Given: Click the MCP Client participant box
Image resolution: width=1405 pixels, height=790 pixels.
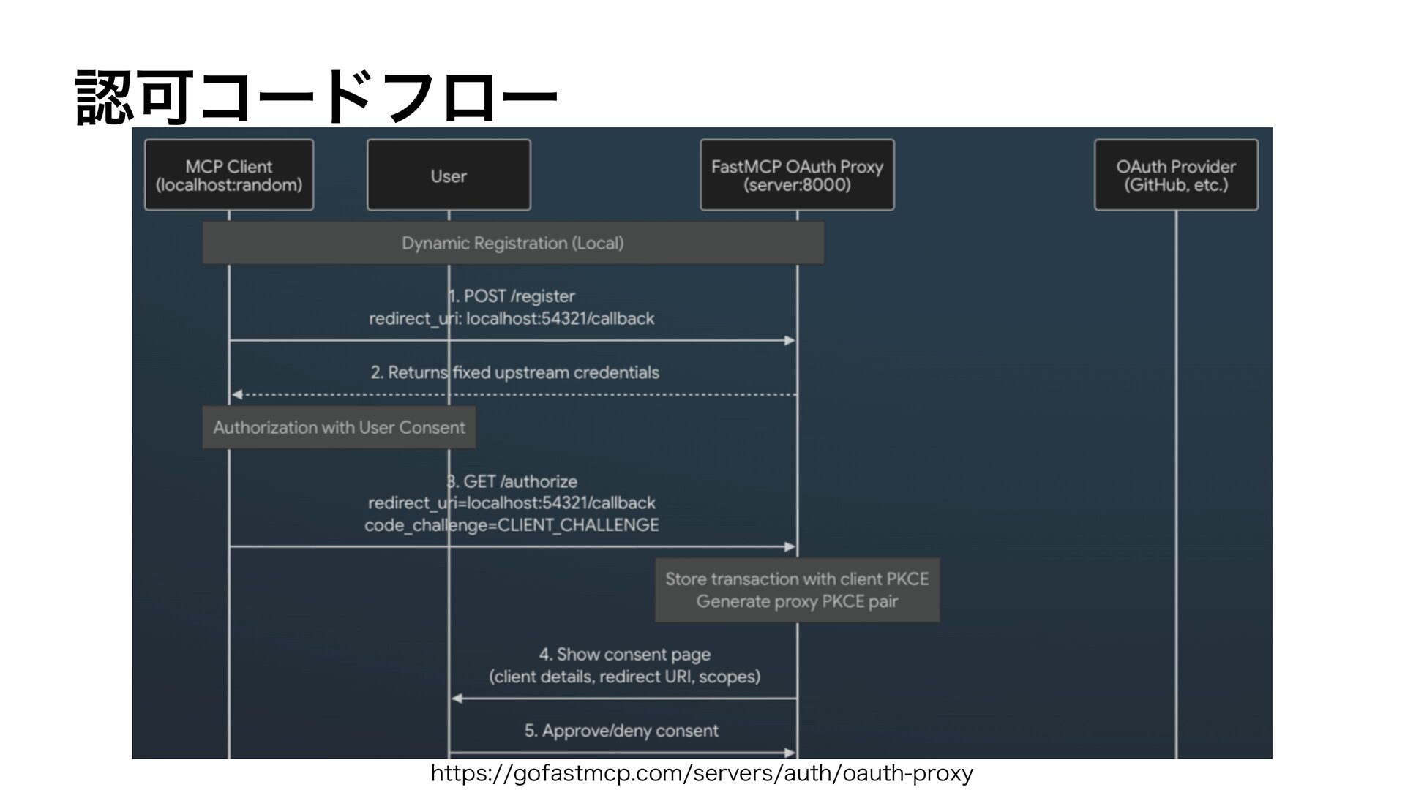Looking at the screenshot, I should [x=229, y=176].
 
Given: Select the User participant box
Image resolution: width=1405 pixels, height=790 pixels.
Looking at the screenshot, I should [x=449, y=176].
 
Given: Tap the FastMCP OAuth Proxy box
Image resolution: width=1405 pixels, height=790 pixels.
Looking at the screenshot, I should [x=797, y=176].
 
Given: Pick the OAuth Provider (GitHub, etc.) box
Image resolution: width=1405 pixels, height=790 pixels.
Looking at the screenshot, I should [x=1176, y=176].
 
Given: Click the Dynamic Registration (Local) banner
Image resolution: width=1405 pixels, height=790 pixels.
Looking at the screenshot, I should [x=513, y=243].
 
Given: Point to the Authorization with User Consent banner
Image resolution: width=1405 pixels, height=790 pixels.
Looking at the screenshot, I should [x=339, y=427].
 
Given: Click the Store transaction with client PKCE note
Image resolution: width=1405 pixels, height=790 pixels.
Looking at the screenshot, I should [x=797, y=590].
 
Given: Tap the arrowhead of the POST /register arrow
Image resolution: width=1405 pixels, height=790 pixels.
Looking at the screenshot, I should [x=790, y=341].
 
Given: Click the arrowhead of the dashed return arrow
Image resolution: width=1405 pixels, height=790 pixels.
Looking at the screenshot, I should [x=236, y=395].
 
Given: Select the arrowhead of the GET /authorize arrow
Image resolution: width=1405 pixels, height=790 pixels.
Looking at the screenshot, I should [x=790, y=547].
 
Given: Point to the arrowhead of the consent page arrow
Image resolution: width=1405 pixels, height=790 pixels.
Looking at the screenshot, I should [x=457, y=699].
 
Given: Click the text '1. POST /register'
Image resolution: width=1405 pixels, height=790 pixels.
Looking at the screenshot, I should [x=512, y=296].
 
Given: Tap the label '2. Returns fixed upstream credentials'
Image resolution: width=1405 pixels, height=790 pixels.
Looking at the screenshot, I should [x=514, y=373].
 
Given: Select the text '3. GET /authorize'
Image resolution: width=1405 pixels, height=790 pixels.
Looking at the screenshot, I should [x=512, y=481].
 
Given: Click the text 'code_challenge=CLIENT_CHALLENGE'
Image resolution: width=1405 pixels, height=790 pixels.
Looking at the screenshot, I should [x=512, y=525].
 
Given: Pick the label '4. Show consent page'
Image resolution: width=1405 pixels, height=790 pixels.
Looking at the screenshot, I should [x=625, y=654].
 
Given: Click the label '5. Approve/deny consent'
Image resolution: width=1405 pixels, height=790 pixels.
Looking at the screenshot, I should [x=621, y=731].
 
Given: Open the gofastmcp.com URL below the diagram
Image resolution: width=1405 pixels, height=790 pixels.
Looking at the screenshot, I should [x=702, y=773].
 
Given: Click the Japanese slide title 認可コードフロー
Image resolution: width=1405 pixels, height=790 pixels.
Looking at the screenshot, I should [x=316, y=97].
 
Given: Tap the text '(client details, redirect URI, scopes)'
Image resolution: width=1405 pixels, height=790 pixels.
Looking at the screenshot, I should [x=625, y=677].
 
